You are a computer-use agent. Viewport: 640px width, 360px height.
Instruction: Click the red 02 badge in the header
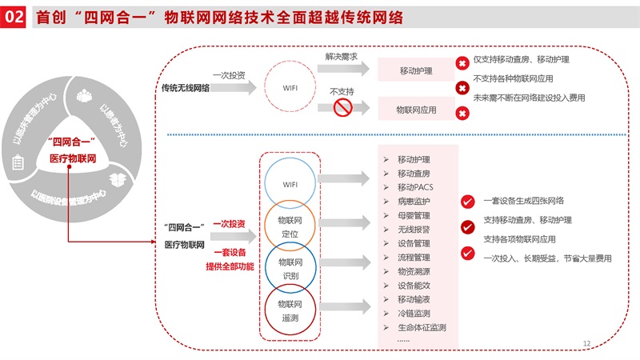point(14,17)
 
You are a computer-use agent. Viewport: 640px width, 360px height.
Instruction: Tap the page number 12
point(586,343)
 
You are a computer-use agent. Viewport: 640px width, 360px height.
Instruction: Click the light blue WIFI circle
point(290,184)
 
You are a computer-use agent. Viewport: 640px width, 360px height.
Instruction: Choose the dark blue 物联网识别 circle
point(290,268)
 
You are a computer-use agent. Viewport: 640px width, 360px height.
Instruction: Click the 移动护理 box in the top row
point(416,71)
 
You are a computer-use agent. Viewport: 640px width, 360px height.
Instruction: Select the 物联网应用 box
point(416,108)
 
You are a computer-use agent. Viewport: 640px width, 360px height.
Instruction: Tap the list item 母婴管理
point(414,215)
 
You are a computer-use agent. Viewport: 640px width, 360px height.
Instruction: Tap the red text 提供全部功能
point(230,266)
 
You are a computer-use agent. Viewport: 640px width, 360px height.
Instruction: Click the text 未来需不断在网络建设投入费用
point(529,98)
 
